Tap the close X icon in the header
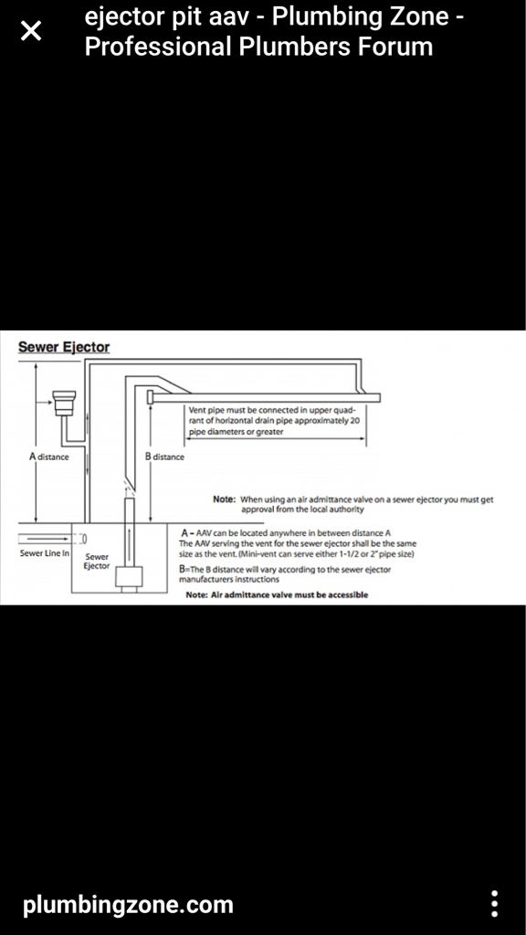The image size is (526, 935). click(31, 30)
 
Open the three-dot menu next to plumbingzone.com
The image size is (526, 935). click(494, 905)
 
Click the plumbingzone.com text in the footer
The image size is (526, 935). click(128, 905)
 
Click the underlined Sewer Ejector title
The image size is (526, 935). click(64, 347)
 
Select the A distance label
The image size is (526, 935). click(49, 457)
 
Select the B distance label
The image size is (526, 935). click(165, 457)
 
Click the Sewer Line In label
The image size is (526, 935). click(45, 553)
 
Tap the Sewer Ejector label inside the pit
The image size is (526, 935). click(97, 562)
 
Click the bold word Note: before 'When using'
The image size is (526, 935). click(225, 499)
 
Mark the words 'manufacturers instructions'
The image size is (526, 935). click(229, 579)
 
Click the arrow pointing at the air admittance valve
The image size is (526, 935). click(44, 403)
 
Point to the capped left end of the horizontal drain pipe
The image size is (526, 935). click(151, 396)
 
